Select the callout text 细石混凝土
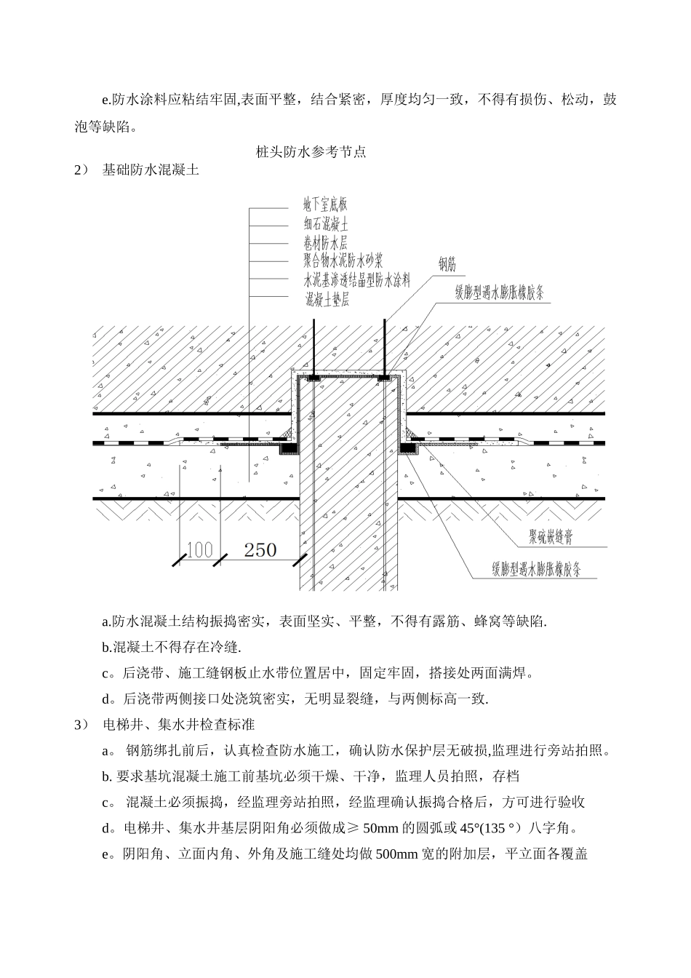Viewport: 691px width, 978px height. click(x=325, y=225)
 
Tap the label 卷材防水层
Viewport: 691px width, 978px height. click(x=325, y=243)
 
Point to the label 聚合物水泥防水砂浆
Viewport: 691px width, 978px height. click(x=343, y=261)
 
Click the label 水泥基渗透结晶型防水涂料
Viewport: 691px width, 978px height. click(x=357, y=279)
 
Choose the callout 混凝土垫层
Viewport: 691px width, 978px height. click(x=328, y=298)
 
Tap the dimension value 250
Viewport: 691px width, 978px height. click(x=260, y=550)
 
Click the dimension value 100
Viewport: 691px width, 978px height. click(x=199, y=550)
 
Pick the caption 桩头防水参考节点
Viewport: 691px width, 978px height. click(x=311, y=152)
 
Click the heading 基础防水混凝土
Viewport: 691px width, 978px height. click(x=151, y=171)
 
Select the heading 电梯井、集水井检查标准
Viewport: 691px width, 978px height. click(x=177, y=725)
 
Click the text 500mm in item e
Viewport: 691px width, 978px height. click(x=394, y=854)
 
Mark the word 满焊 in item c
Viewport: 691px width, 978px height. click(x=514, y=673)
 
